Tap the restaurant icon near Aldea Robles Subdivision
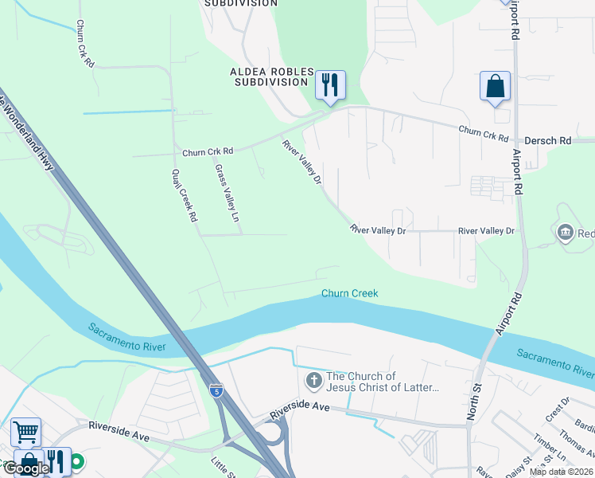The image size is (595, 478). pos(329,84)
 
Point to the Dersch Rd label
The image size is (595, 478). pos(554,140)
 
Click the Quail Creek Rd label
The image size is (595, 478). pos(184,195)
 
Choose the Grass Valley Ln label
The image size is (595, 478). pos(227,194)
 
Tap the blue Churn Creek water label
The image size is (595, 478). pos(349,293)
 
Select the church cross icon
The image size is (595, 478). pos(313,382)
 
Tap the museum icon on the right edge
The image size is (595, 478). pos(566,233)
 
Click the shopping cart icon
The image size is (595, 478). pos(25,432)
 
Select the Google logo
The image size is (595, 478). pos(25,468)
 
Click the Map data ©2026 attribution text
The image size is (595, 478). pos(561,472)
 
